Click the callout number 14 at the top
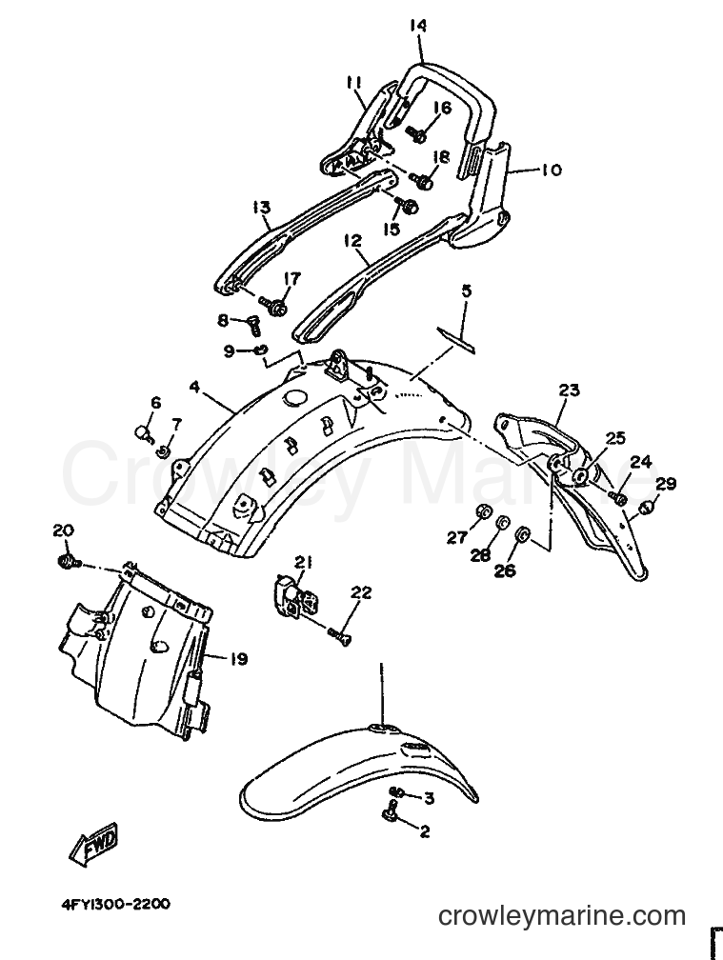tap(419, 27)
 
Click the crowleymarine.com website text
tap(562, 916)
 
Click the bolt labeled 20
tap(66, 560)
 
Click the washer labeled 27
tap(484, 511)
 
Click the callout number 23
tap(569, 390)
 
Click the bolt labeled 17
tap(271, 305)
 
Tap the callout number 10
tap(551, 169)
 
